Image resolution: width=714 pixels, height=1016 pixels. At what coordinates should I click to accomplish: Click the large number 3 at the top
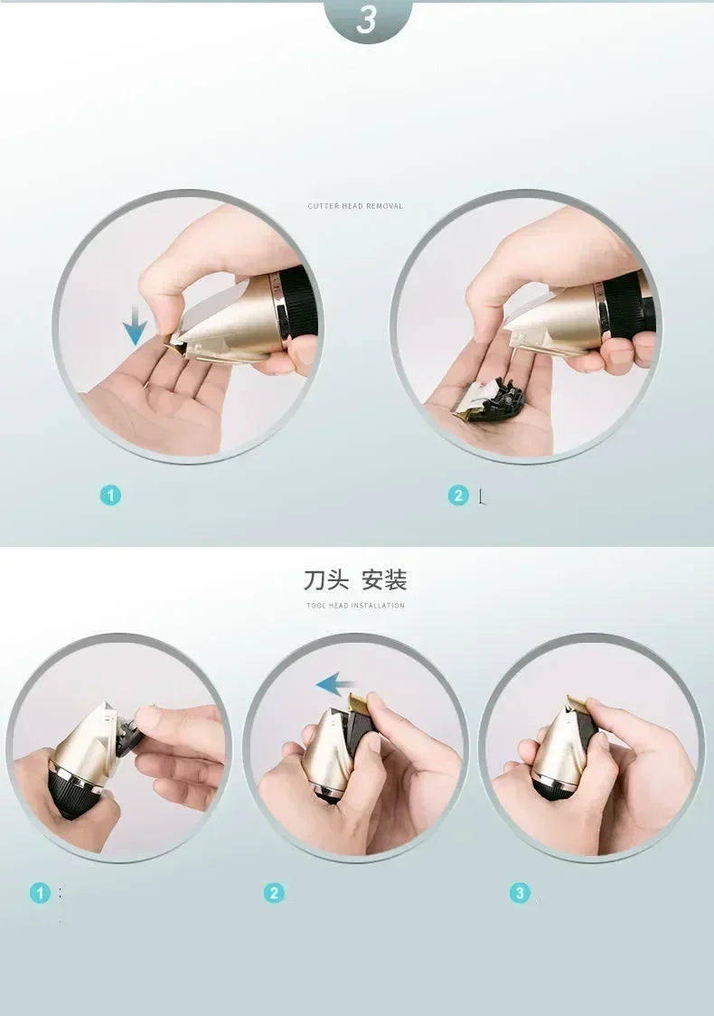point(366,19)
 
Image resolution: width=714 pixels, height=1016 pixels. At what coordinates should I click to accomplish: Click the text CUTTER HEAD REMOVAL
point(355,206)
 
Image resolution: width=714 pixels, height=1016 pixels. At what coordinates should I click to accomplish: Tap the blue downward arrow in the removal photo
point(136,325)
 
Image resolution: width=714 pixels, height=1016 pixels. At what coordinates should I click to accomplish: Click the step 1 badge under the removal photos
point(110,495)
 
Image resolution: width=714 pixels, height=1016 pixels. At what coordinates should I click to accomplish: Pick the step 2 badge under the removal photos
point(458,495)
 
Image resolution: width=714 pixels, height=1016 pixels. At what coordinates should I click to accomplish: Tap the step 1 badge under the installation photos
point(40,893)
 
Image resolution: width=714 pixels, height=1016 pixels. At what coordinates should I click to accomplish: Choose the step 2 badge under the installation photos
point(274,893)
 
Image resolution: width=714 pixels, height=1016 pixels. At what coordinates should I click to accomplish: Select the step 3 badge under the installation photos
point(520,893)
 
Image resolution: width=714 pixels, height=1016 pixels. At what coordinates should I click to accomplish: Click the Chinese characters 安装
point(384,579)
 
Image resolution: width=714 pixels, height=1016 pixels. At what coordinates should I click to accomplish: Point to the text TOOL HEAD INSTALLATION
point(355,606)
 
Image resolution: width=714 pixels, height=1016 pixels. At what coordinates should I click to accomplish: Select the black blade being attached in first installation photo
point(127,732)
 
